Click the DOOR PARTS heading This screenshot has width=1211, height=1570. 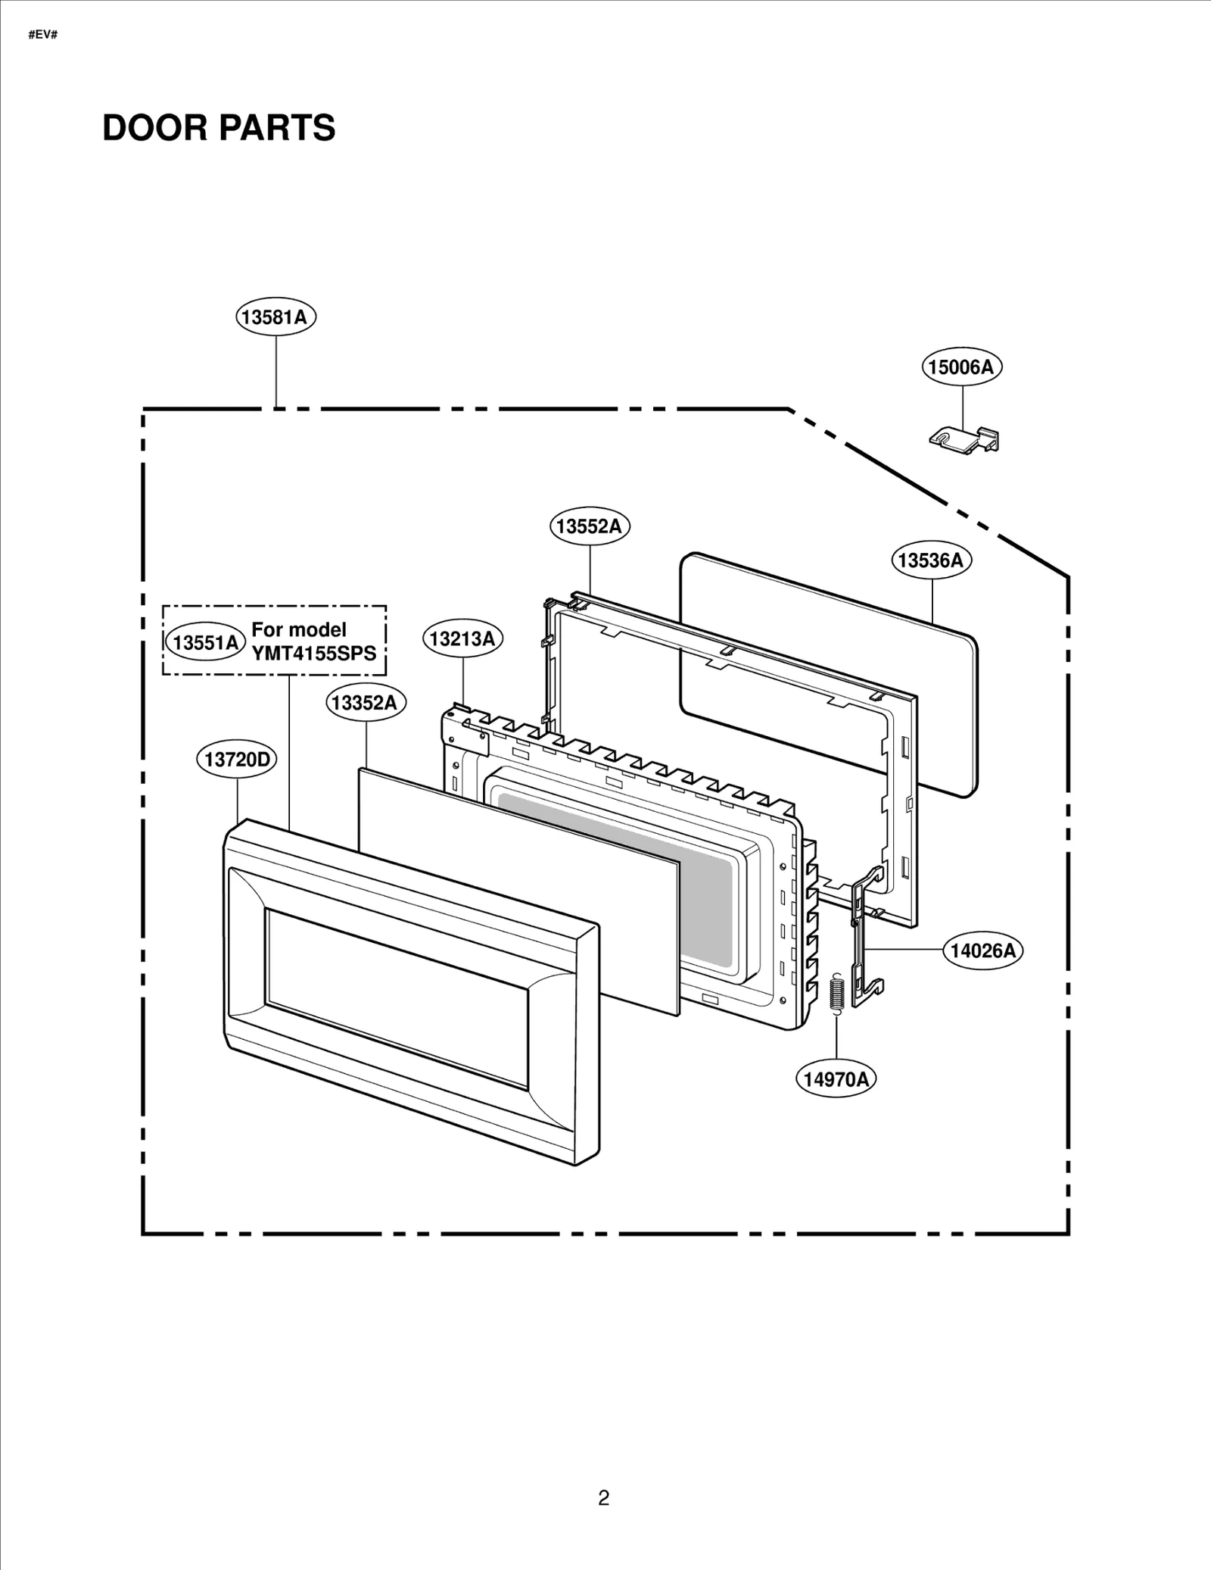[219, 127]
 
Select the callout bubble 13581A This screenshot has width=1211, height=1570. [276, 317]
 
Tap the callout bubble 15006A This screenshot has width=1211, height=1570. [962, 367]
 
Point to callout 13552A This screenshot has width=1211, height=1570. [590, 526]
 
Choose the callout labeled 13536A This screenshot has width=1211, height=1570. [931, 560]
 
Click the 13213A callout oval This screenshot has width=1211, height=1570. [462, 638]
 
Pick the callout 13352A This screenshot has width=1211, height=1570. [366, 703]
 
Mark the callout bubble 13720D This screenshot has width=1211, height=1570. [237, 759]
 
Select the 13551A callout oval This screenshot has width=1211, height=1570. [205, 642]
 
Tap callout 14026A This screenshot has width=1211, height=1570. [982, 950]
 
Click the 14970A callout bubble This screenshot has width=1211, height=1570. [836, 1078]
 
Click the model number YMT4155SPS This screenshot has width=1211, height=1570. [314, 654]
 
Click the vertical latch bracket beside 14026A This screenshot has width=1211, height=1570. [866, 939]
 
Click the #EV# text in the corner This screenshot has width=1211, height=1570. [43, 36]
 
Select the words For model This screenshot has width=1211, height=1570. [299, 629]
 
